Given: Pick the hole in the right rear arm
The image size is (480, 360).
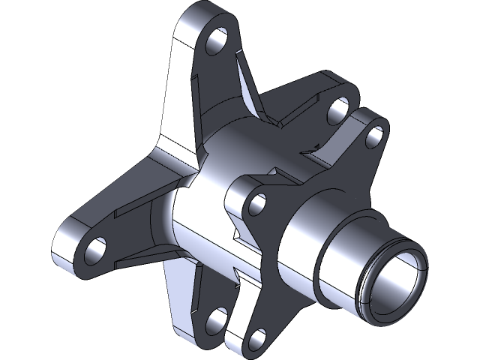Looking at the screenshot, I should [336, 114].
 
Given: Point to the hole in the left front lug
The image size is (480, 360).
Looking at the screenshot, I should [259, 202].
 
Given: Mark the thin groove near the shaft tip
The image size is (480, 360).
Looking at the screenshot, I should [365, 289].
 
